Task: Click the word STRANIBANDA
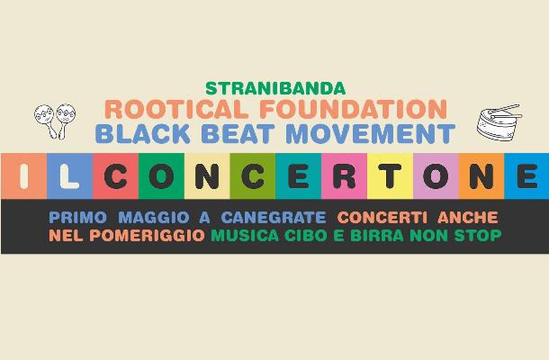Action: click(x=275, y=88)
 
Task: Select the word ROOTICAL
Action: click(x=176, y=109)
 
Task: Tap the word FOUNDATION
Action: click(x=354, y=109)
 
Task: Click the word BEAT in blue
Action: click(x=238, y=133)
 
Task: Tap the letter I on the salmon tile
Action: click(x=23, y=176)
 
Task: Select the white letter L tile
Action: click(x=69, y=176)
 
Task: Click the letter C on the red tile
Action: click(x=115, y=176)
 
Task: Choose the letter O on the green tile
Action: click(x=161, y=176)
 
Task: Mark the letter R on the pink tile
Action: click(x=345, y=176)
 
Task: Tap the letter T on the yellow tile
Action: click(x=391, y=176)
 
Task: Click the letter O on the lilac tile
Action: click(x=436, y=176)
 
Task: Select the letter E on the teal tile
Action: click(x=299, y=176)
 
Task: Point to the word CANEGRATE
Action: click(x=274, y=218)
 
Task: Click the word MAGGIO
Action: click(x=154, y=218)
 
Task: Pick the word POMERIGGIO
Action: click(x=147, y=235)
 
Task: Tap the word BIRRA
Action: click(x=377, y=235)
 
